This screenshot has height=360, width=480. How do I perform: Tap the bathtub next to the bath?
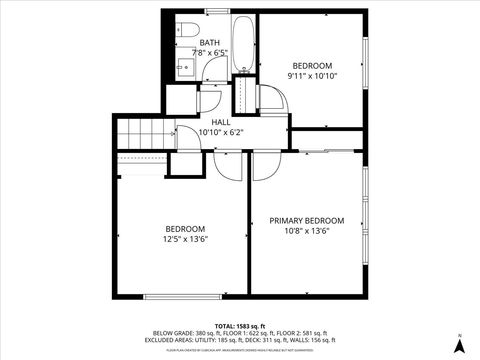click(242, 43)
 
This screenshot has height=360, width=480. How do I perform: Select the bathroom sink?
click(185, 67)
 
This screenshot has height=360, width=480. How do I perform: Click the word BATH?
click(210, 43)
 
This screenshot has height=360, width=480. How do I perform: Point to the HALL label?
click(220, 122)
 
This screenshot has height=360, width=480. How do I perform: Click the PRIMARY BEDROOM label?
click(307, 221)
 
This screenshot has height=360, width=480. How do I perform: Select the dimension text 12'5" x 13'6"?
click(185, 238)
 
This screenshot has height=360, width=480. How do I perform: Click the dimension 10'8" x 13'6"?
click(307, 231)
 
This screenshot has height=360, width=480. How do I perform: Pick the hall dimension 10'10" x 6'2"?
click(220, 132)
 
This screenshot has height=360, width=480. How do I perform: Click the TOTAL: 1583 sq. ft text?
click(239, 326)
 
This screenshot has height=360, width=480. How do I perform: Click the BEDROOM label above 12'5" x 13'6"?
click(185, 228)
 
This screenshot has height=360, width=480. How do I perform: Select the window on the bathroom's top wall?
click(217, 11)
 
